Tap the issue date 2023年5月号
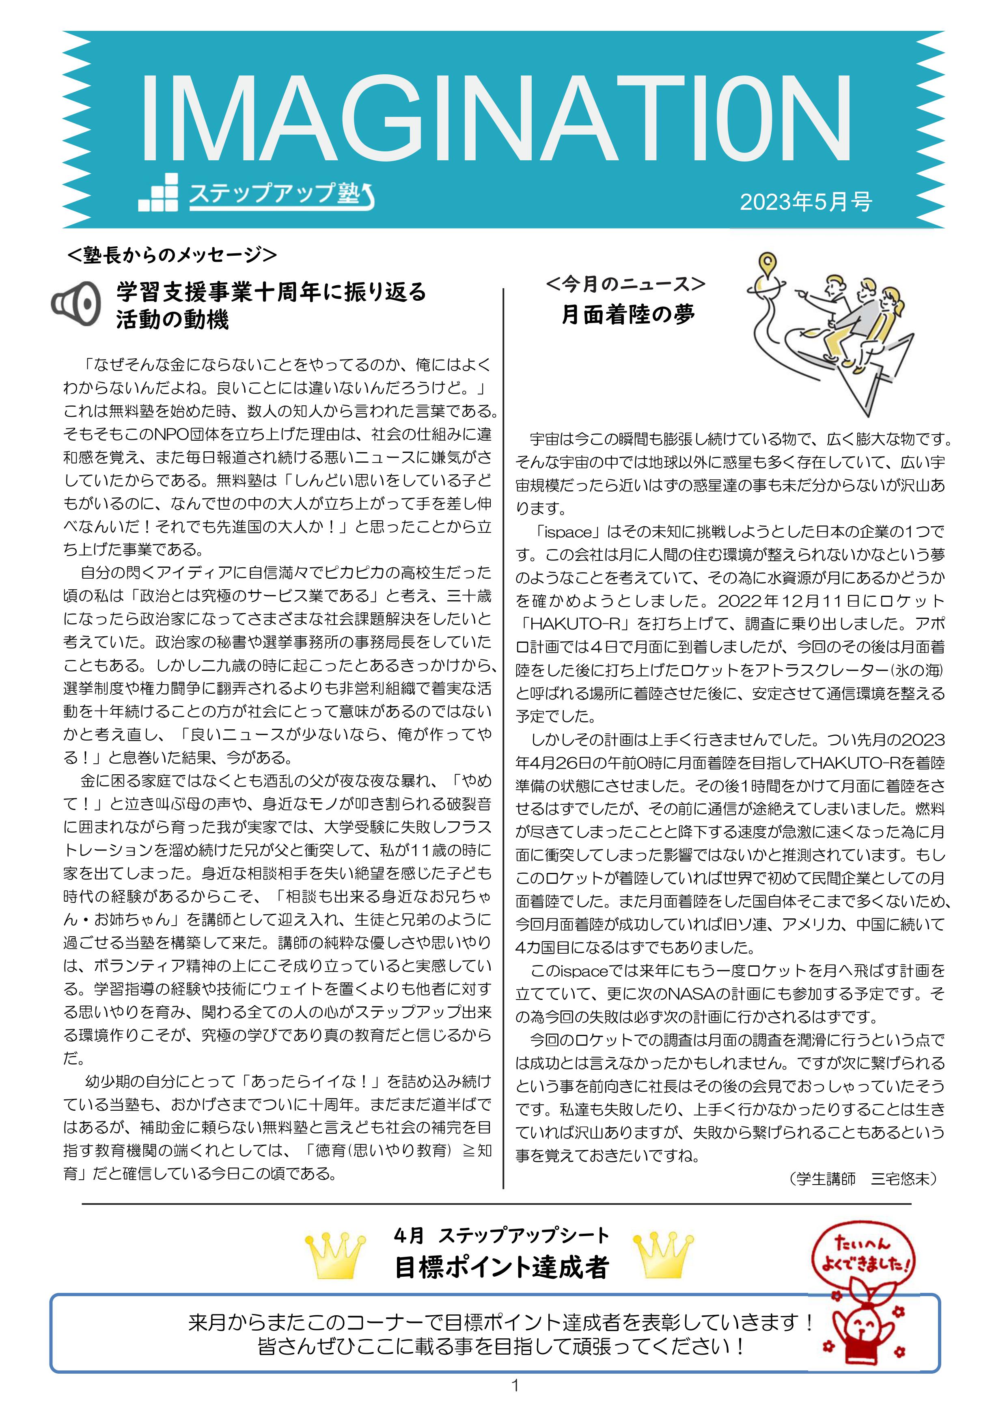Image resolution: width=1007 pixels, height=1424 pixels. click(x=805, y=202)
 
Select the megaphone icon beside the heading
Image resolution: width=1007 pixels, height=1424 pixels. click(x=75, y=303)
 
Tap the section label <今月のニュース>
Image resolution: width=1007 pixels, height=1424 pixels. click(x=625, y=284)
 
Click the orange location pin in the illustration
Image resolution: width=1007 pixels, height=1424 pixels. click(x=768, y=265)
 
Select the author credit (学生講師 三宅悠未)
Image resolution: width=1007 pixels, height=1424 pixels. click(x=864, y=1178)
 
